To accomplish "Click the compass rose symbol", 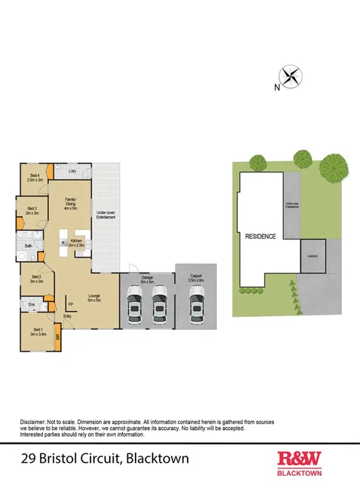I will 290,76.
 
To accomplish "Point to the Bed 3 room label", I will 32,210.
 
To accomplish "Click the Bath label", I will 28,245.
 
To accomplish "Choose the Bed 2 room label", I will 35,277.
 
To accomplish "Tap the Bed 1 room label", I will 35,329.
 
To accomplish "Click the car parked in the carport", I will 197,308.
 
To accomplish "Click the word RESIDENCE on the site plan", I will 261,236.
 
